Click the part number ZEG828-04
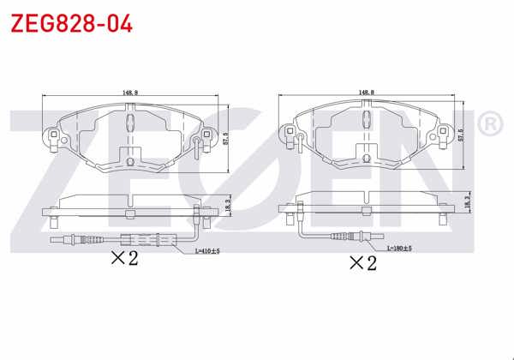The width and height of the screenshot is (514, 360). pos(71,23)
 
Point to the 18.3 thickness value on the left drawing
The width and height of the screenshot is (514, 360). pos(226,207)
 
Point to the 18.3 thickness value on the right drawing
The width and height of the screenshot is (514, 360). pos(468,201)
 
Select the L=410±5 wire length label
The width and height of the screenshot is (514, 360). pos(208,252)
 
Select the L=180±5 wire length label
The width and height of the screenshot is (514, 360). pos(399,249)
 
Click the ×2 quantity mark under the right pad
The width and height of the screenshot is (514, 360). pos(362,262)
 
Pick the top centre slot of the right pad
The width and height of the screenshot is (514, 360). pos(368,111)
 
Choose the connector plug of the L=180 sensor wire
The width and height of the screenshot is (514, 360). pos(347,237)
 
